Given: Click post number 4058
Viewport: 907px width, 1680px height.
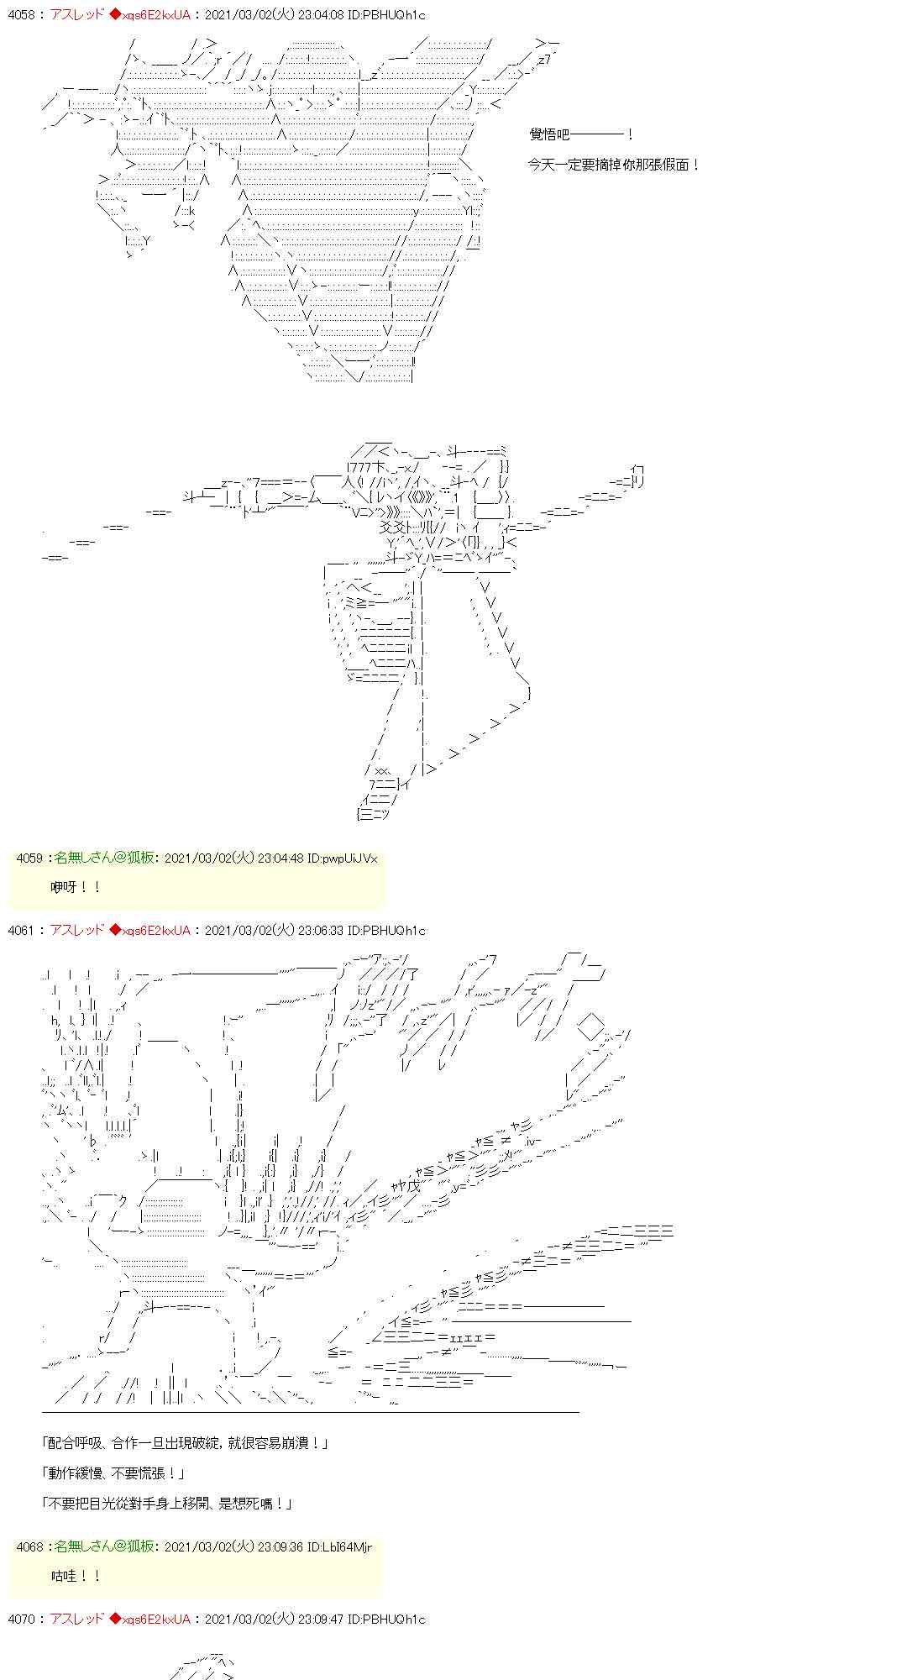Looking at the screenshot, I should (x=20, y=15).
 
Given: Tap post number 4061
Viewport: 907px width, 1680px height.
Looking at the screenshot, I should (x=20, y=930).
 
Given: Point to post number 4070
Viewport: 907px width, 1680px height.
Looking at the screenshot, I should (x=20, y=1619).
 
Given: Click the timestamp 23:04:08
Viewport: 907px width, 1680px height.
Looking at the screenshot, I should (x=318, y=15).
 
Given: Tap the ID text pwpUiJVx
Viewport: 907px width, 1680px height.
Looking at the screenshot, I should (x=350, y=858).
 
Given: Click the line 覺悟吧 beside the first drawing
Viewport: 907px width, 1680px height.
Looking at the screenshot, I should (x=579, y=134).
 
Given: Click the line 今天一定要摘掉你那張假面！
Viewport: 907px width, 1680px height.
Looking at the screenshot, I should (x=613, y=165).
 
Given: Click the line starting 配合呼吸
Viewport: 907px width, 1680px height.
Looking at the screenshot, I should (x=185, y=1442).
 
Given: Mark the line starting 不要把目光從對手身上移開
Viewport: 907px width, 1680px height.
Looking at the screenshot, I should (x=166, y=1503).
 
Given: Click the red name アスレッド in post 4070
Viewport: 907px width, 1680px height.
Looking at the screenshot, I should (x=77, y=1619).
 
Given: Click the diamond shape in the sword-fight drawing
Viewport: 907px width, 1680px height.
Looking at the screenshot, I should (x=592, y=1026).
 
